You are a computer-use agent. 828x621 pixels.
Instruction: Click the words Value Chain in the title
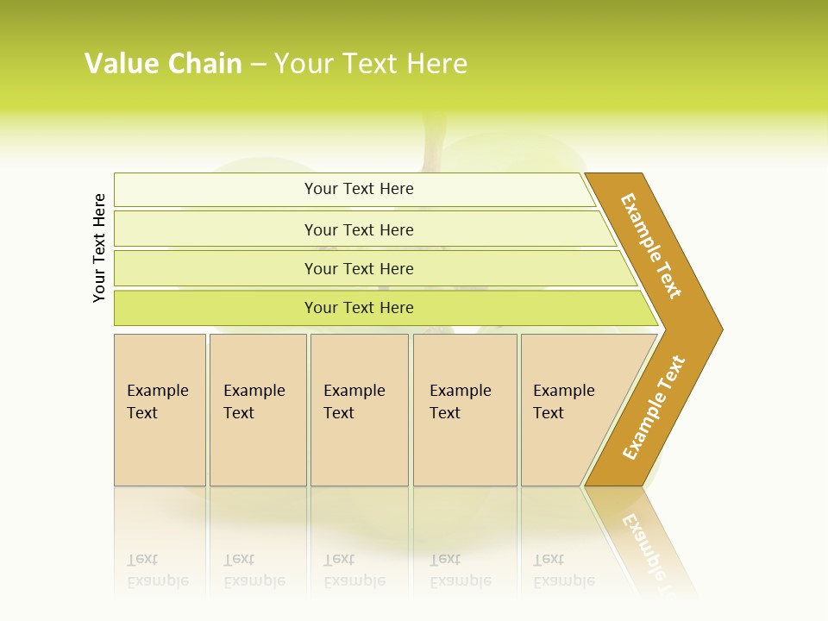[163, 64]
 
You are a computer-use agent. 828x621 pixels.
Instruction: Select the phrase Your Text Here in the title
[371, 64]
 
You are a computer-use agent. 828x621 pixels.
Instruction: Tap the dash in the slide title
[257, 65]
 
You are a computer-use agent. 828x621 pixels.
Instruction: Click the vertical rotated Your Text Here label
[99, 248]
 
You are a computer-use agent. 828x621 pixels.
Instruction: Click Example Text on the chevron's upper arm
[651, 246]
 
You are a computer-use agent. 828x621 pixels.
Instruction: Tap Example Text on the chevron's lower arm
[654, 408]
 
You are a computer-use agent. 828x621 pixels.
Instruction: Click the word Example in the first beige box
[157, 391]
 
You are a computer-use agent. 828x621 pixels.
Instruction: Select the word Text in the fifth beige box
[549, 413]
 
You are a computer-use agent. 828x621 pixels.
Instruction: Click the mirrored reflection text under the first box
[157, 571]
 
